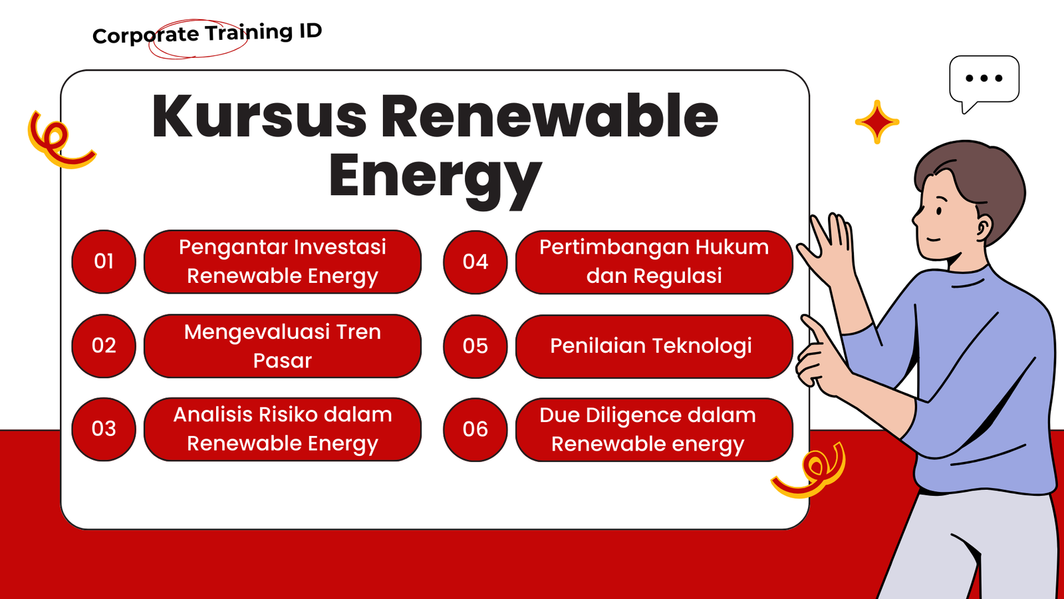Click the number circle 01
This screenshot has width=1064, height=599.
(x=104, y=262)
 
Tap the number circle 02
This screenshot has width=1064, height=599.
(x=104, y=345)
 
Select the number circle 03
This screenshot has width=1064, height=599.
(x=104, y=429)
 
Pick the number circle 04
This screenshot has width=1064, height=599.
(x=475, y=262)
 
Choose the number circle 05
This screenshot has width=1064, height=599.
(x=475, y=346)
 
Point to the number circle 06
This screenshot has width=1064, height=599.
(x=475, y=430)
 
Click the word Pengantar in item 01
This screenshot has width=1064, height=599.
(x=233, y=248)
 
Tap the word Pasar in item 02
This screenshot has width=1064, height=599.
(x=282, y=360)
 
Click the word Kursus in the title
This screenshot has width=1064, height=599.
(x=259, y=116)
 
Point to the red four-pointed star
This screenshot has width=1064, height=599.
(x=877, y=122)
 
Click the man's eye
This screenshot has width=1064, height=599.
(x=939, y=210)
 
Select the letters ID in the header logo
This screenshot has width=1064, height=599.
(x=310, y=31)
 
